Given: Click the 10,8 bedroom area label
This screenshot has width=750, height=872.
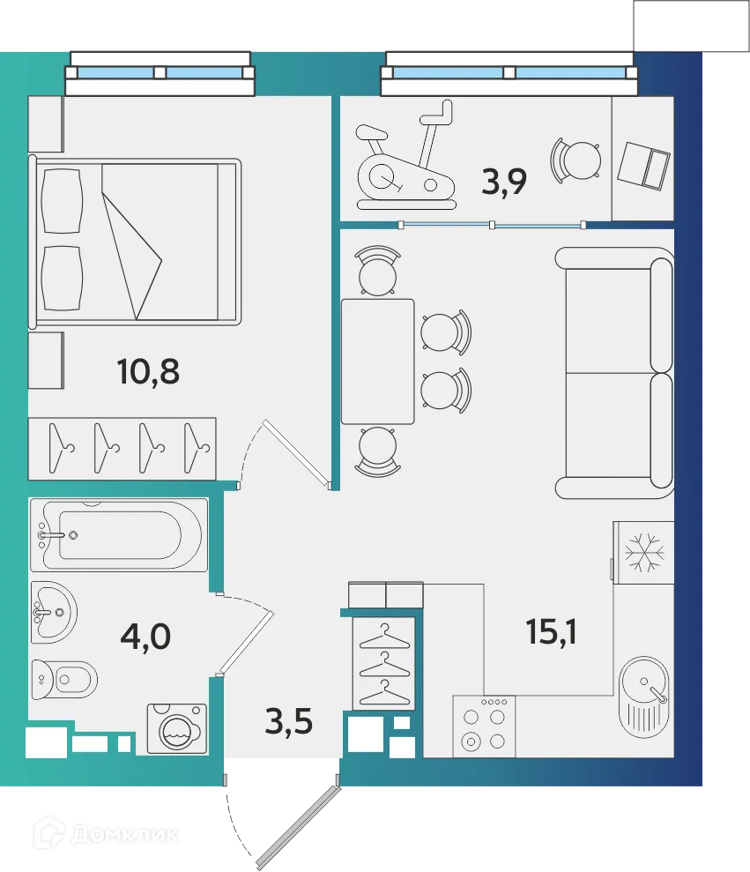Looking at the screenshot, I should point(148,372).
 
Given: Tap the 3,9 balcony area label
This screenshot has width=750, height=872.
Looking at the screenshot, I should point(504,183).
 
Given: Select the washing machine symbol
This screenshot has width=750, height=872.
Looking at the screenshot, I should point(176,728).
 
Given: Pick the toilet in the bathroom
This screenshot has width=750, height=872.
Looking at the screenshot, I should point(63,678).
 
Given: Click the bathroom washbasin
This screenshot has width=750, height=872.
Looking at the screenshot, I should point(54,608).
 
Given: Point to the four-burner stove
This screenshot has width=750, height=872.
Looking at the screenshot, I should point(484,726).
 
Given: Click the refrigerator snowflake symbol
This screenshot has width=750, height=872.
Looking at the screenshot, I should point(643,551).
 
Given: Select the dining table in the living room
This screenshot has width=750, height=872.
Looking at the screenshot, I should point(378,361).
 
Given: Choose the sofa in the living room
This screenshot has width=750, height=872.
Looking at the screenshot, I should point(615,372).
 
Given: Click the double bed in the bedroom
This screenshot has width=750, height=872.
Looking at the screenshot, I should point(137,240).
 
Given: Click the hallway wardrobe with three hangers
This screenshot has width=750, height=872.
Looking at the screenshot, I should point(383,663).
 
